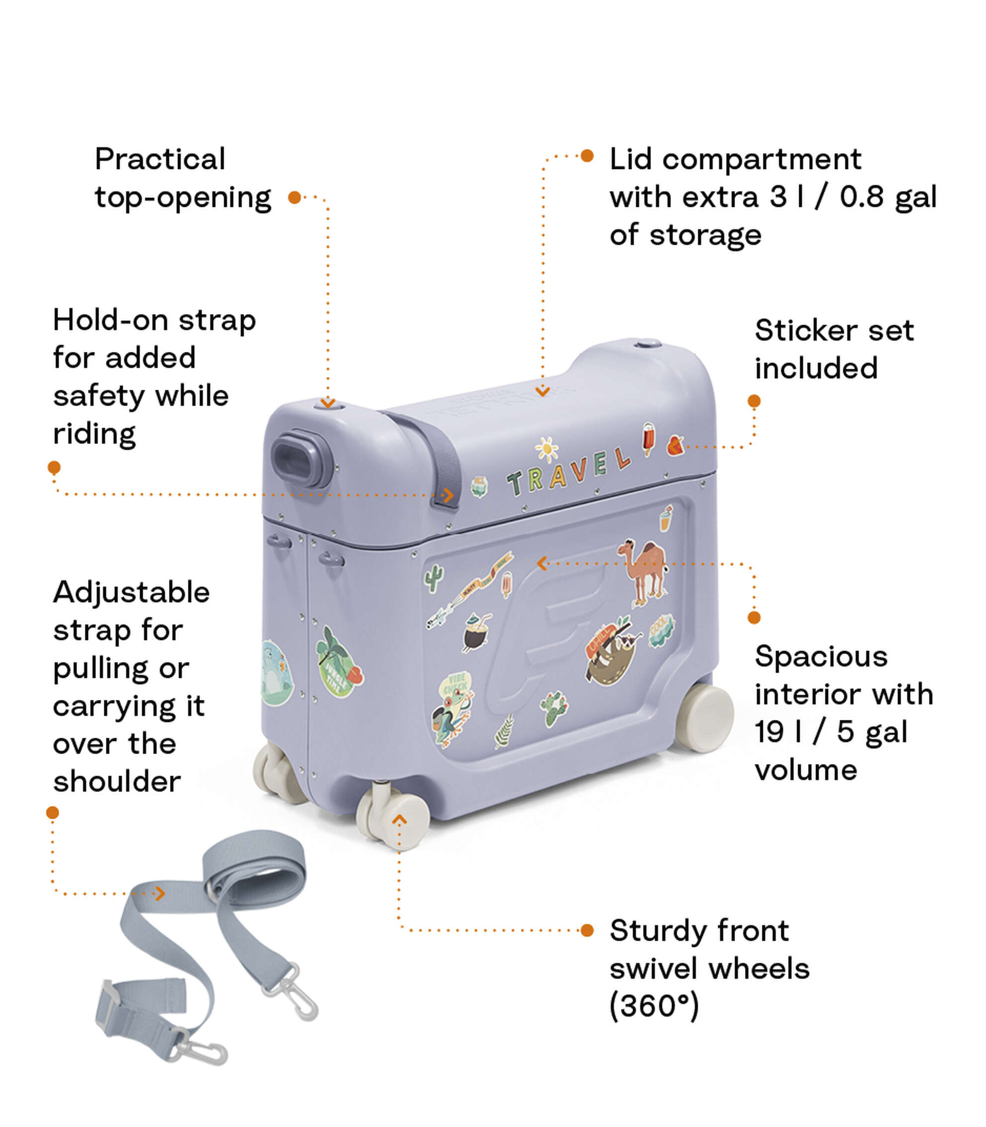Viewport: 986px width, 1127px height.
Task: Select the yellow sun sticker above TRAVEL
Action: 547,449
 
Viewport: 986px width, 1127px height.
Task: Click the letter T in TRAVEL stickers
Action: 515,484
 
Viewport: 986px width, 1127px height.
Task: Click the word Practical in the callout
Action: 160,160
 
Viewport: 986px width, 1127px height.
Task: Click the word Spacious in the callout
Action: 821,657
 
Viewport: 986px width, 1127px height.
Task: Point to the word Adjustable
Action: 131,593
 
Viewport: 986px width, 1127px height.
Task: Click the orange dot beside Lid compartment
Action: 587,156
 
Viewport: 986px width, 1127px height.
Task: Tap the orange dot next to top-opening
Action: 294,197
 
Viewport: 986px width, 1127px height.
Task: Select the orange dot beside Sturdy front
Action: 587,931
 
